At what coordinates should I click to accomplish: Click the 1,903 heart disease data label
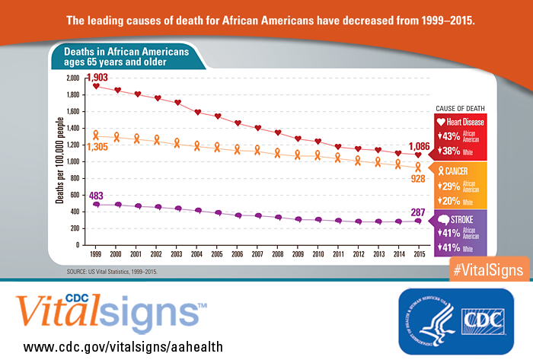[x=98, y=78]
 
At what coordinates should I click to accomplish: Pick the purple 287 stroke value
[x=417, y=211]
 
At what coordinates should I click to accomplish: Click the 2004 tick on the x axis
[x=196, y=253]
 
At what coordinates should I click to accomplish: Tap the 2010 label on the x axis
[x=318, y=253]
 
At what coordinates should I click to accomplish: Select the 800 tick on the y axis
[x=73, y=179]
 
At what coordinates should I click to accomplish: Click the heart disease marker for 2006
[x=238, y=123]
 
